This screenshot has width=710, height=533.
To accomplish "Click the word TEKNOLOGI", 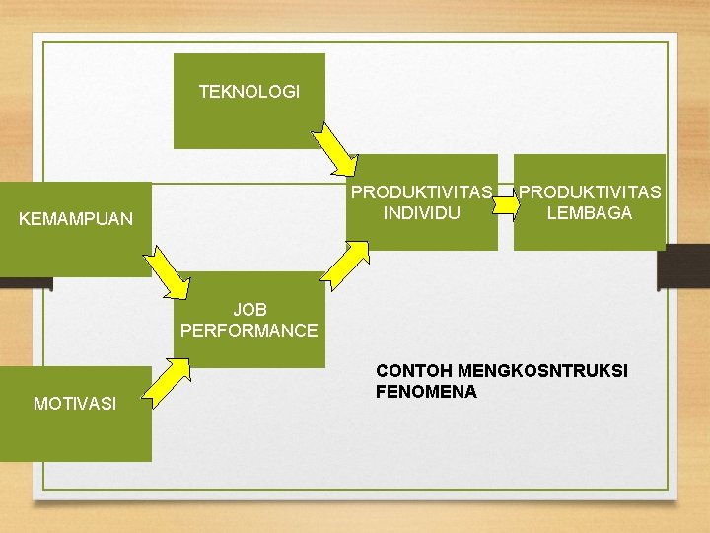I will coord(248,92).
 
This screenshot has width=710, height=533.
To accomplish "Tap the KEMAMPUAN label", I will coord(76,219).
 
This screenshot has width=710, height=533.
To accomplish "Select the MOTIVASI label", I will coord(75,403).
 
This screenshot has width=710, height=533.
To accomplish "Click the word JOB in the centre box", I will coord(249,310).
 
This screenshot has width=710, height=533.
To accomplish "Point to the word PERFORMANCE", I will coord(249,331).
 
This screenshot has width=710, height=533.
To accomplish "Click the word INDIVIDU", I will coord(422,212).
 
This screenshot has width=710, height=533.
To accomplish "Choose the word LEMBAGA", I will coord(590,212).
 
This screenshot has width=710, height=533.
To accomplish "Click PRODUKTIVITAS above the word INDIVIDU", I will coord(422,191).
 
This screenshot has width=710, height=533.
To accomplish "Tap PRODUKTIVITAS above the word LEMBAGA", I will coord(591,191).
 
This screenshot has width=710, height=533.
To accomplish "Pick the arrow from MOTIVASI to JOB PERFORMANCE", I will coord(173,376).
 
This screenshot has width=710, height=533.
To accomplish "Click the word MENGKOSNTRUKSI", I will coord(541,371).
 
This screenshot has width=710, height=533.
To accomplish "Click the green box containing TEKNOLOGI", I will coord(248,123).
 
